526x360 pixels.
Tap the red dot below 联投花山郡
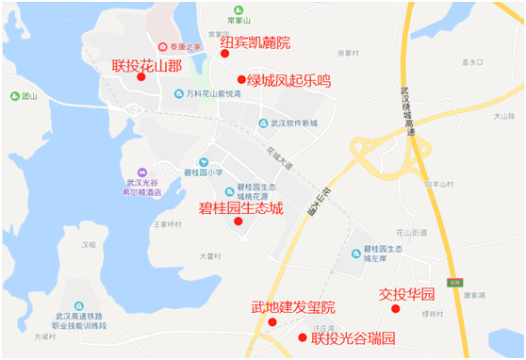[x=140, y=77]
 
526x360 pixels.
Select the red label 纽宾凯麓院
[x=255, y=42]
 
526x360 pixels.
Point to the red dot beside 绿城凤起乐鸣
[x=241, y=80]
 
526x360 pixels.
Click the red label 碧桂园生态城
[x=240, y=207]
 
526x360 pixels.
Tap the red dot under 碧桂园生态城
[x=238, y=221]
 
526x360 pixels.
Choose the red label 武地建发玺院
[x=293, y=308]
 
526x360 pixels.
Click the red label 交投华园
[x=406, y=293]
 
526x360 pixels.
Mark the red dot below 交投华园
[x=396, y=308]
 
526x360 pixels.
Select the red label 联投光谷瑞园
[x=353, y=337]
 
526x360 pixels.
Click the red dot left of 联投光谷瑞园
[x=302, y=337]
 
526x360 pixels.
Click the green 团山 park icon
[x=14, y=95]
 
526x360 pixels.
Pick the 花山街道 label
[x=411, y=232]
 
